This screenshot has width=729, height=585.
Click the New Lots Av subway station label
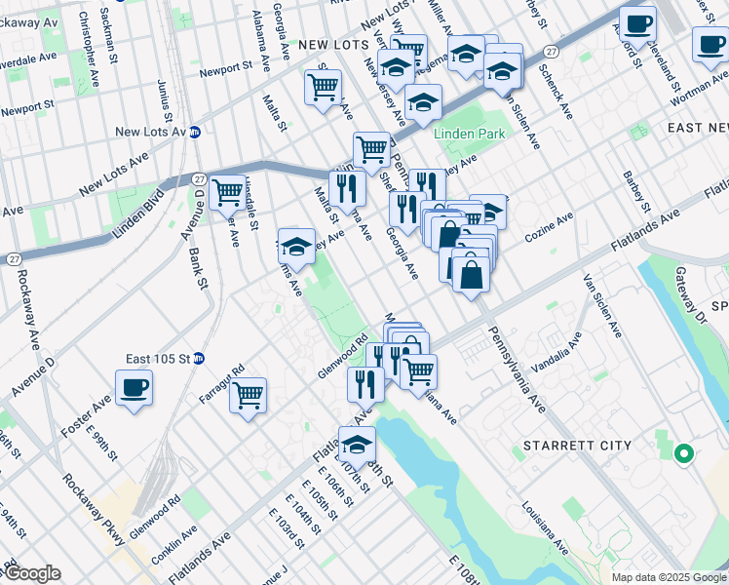pyautogui.click(x=150, y=132)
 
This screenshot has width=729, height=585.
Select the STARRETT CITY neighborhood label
pyautogui.click(x=577, y=446)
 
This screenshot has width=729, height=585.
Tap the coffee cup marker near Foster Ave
pyautogui.click(x=134, y=388)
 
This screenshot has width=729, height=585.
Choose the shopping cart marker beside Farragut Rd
pyautogui.click(x=249, y=395)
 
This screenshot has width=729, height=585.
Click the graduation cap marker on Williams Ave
pyautogui.click(x=296, y=247)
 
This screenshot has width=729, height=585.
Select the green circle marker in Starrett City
pyautogui.click(x=684, y=452)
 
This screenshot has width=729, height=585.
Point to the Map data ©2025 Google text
pyautogui.click(x=669, y=577)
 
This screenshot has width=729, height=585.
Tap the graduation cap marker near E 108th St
pyautogui.click(x=357, y=445)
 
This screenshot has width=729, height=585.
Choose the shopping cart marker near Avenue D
pyautogui.click(x=227, y=192)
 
